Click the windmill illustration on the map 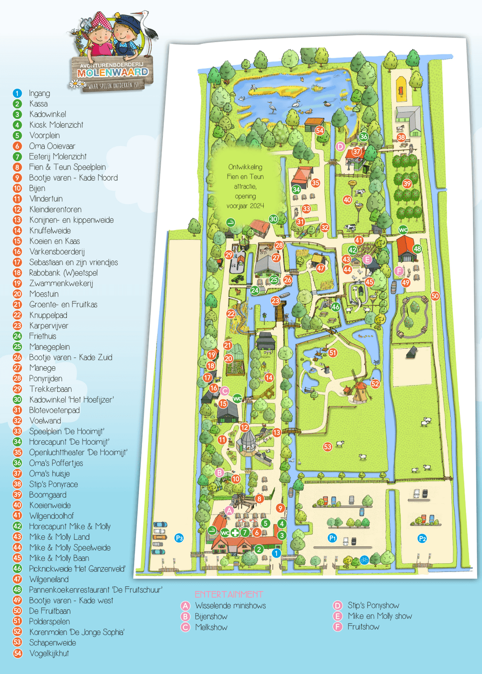tap(359, 389)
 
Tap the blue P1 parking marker tap(332, 538)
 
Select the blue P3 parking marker tap(179, 538)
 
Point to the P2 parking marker tap(422, 539)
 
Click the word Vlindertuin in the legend tap(46, 199)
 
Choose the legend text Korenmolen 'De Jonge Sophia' tap(77, 632)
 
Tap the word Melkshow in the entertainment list tap(211, 627)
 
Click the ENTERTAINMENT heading tap(229, 595)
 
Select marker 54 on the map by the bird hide tap(320, 130)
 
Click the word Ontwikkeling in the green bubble tap(245, 167)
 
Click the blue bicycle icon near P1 tap(364, 560)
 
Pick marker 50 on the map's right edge tap(435, 296)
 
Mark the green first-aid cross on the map tap(235, 532)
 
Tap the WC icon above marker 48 tap(403, 230)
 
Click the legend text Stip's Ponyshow tap(373, 605)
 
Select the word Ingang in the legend tap(40, 93)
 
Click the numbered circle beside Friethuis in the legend tap(17, 336)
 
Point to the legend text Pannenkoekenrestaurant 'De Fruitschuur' tap(96, 590)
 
